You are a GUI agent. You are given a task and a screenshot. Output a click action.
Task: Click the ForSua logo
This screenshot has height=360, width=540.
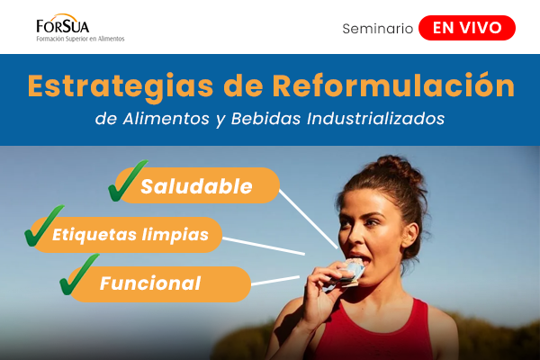coord(63,25)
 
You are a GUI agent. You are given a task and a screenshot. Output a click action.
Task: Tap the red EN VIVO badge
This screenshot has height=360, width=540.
coord(467,28)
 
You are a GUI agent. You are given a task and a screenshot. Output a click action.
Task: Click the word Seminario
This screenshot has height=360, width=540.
coord(377,29)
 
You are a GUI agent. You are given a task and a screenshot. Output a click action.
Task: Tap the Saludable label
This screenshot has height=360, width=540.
coord(208,186)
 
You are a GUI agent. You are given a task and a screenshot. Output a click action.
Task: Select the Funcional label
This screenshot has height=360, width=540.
coord(150,283)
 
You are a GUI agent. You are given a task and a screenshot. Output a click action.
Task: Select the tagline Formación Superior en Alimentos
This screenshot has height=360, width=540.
coord(80,40)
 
